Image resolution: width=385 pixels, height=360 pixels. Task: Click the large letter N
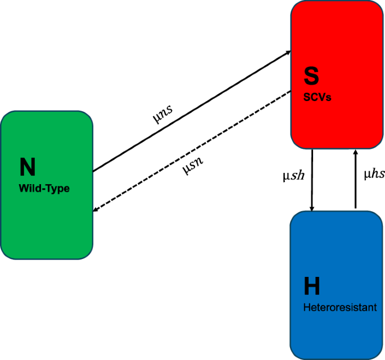[28, 166]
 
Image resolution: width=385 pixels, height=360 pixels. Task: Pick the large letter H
[311, 286]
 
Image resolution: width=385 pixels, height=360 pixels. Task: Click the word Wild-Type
[44, 189]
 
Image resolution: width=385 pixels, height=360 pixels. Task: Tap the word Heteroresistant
[339, 308]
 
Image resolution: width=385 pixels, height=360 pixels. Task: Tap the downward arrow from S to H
[312, 180]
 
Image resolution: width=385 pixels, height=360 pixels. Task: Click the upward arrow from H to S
[355, 180]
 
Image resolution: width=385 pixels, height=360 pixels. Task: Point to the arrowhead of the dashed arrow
[96, 211]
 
